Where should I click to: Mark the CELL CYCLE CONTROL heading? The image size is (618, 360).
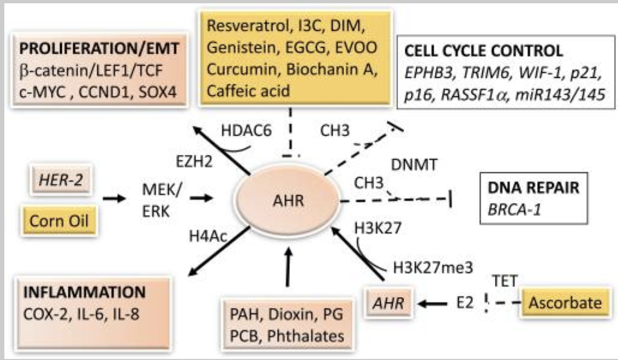pyautogui.click(x=483, y=51)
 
